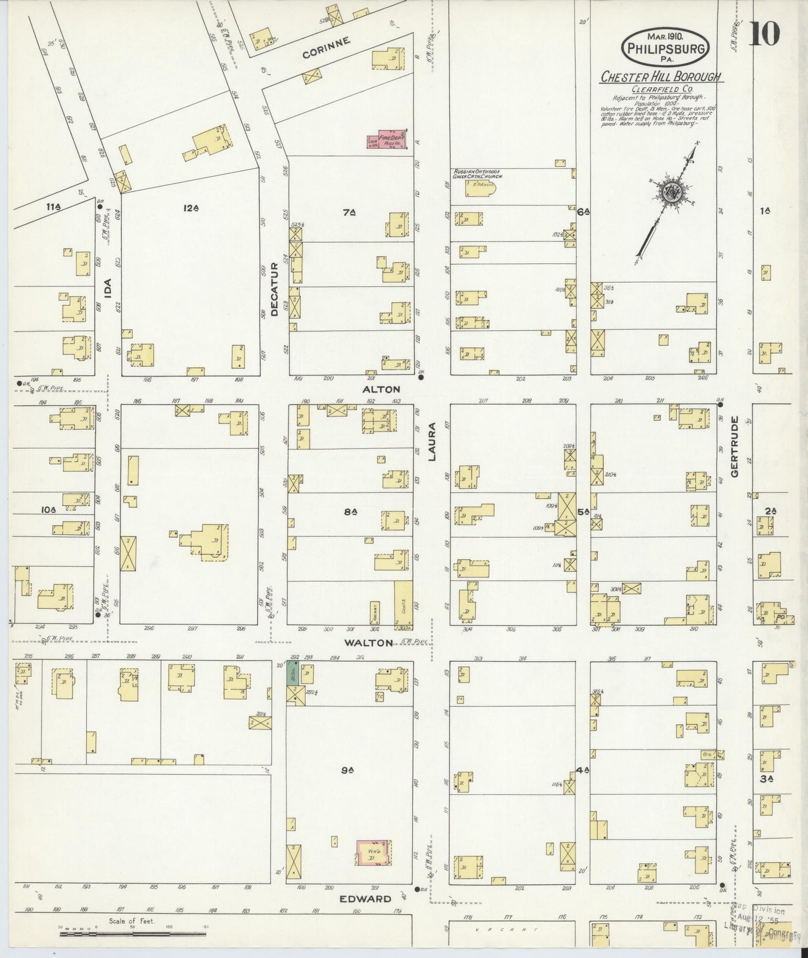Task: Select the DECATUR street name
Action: (x=274, y=289)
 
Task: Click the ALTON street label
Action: (x=381, y=389)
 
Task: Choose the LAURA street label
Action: (x=432, y=449)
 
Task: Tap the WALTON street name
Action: (x=368, y=643)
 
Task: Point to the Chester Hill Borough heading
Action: (x=660, y=77)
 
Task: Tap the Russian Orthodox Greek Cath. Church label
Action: (x=479, y=174)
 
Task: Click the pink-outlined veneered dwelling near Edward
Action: (x=373, y=853)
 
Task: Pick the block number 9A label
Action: (x=347, y=770)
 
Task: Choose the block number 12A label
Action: (x=191, y=208)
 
